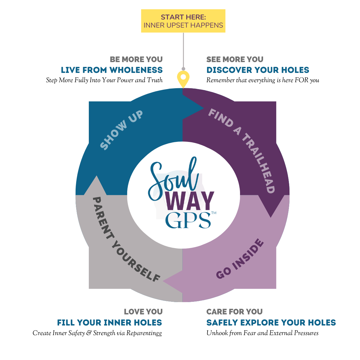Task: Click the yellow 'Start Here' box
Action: point(183,21)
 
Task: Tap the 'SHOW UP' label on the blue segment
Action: point(121,130)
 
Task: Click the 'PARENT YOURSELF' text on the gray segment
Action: point(126,240)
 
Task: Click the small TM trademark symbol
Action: point(214,213)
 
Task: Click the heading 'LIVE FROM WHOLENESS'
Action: point(112,70)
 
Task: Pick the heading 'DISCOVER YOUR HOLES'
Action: point(258,70)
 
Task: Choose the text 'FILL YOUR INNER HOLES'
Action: point(109,323)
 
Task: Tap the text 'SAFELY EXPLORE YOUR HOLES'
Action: point(271,323)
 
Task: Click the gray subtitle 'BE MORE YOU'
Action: point(136,59)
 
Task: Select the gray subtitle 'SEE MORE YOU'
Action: point(235,59)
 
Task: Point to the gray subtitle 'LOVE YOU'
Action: point(143,312)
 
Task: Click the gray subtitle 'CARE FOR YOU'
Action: point(234,312)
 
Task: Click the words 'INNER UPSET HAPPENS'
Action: point(183,25)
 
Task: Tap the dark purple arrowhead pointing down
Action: point(271,207)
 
